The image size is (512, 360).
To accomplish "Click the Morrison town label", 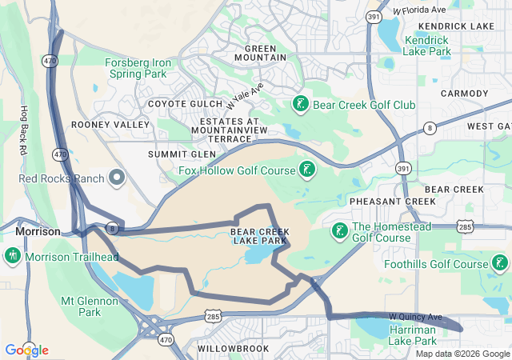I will pos(38,231).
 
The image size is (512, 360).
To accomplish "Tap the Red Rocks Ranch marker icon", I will pos(118,177).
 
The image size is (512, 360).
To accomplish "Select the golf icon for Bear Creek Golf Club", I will pos(300,104).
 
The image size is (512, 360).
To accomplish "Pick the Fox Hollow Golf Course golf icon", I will pos(306,169).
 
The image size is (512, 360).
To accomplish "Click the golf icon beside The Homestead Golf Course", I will pos(339,231).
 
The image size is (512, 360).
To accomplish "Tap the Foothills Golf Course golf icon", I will pos(500,263).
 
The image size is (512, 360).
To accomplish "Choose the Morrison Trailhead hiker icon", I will pos(12,256).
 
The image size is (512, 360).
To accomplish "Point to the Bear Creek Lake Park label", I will pos(258,236).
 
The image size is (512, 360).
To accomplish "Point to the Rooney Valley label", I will pos(110,125).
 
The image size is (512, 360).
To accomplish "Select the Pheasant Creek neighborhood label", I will pos(382,202).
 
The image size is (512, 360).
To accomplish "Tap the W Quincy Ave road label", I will pos(415,317).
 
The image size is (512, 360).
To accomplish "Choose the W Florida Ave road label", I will pos(419,10).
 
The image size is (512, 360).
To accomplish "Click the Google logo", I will pos(26,350).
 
